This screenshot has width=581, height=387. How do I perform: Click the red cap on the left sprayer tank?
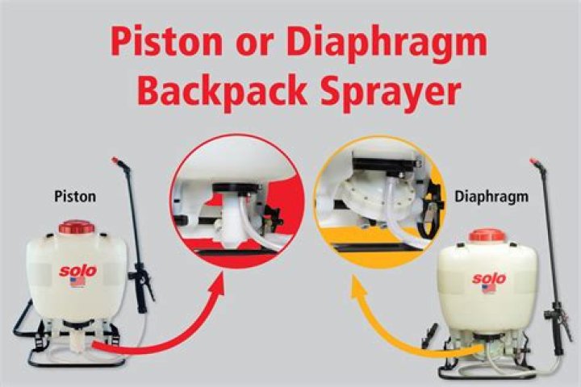click(77, 227)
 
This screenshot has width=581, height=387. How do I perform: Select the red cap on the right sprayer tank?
click(487, 236)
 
